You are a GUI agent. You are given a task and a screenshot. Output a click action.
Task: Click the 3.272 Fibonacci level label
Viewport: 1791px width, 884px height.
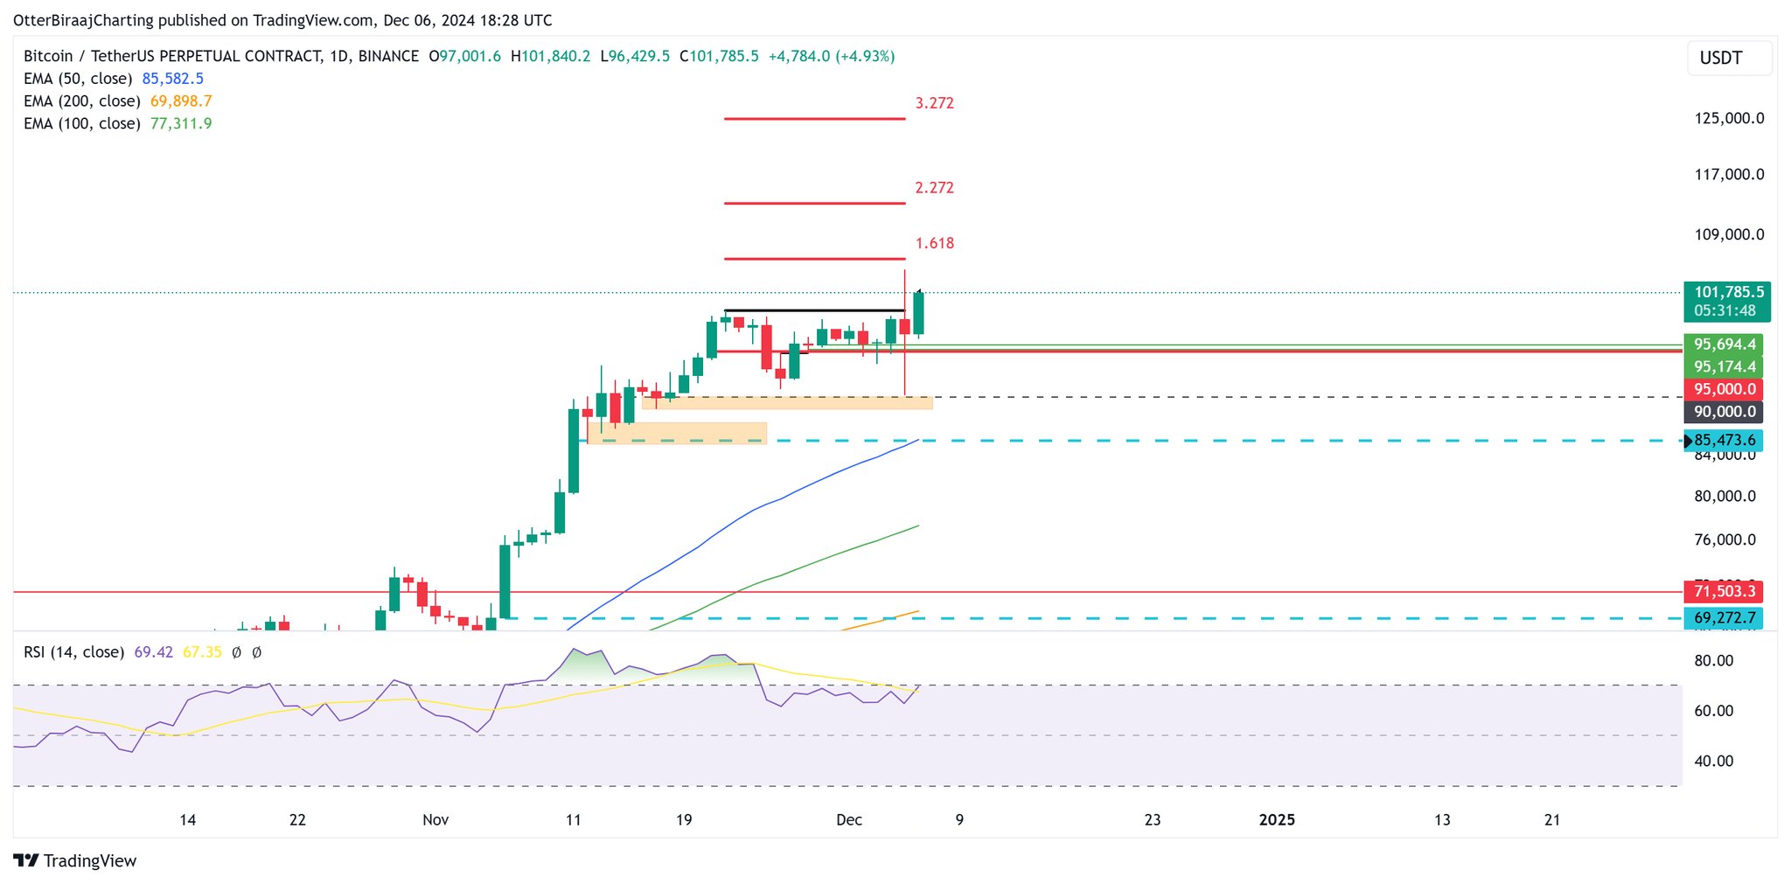point(934,103)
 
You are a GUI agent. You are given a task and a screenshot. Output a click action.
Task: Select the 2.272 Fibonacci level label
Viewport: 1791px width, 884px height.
point(934,188)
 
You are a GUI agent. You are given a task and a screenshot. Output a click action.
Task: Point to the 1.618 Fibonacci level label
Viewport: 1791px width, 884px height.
point(934,244)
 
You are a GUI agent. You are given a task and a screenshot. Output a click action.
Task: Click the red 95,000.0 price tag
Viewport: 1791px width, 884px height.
point(1724,390)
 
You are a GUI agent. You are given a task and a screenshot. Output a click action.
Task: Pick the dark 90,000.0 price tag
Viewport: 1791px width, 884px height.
point(1724,412)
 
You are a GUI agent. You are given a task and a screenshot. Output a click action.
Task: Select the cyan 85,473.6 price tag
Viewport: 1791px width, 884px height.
point(1724,441)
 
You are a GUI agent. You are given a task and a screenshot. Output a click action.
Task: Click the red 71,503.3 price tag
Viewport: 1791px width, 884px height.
point(1724,592)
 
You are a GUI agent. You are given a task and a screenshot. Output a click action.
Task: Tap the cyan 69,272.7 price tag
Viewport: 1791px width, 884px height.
point(1724,618)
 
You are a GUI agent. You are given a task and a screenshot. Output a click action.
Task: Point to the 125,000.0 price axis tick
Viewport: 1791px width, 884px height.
point(1729,119)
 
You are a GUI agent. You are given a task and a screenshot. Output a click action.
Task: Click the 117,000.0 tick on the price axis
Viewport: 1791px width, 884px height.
point(1729,175)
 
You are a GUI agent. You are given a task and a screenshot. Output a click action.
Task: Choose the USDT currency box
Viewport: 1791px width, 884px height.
point(1721,59)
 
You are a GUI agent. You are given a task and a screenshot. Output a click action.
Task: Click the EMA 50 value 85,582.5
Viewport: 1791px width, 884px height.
point(172,79)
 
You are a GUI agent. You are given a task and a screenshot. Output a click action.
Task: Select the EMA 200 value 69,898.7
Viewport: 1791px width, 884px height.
point(181,101)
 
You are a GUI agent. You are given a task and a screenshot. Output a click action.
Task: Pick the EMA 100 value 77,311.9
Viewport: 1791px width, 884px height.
point(181,124)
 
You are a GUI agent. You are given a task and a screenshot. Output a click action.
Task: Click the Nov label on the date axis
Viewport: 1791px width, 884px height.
point(436,820)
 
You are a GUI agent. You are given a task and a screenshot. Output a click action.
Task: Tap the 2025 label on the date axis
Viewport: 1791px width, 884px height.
point(1277,820)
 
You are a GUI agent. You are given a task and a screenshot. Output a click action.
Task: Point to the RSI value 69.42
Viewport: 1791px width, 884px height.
point(153,652)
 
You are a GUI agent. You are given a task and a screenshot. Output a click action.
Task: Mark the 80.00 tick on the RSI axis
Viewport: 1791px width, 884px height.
point(1713,661)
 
